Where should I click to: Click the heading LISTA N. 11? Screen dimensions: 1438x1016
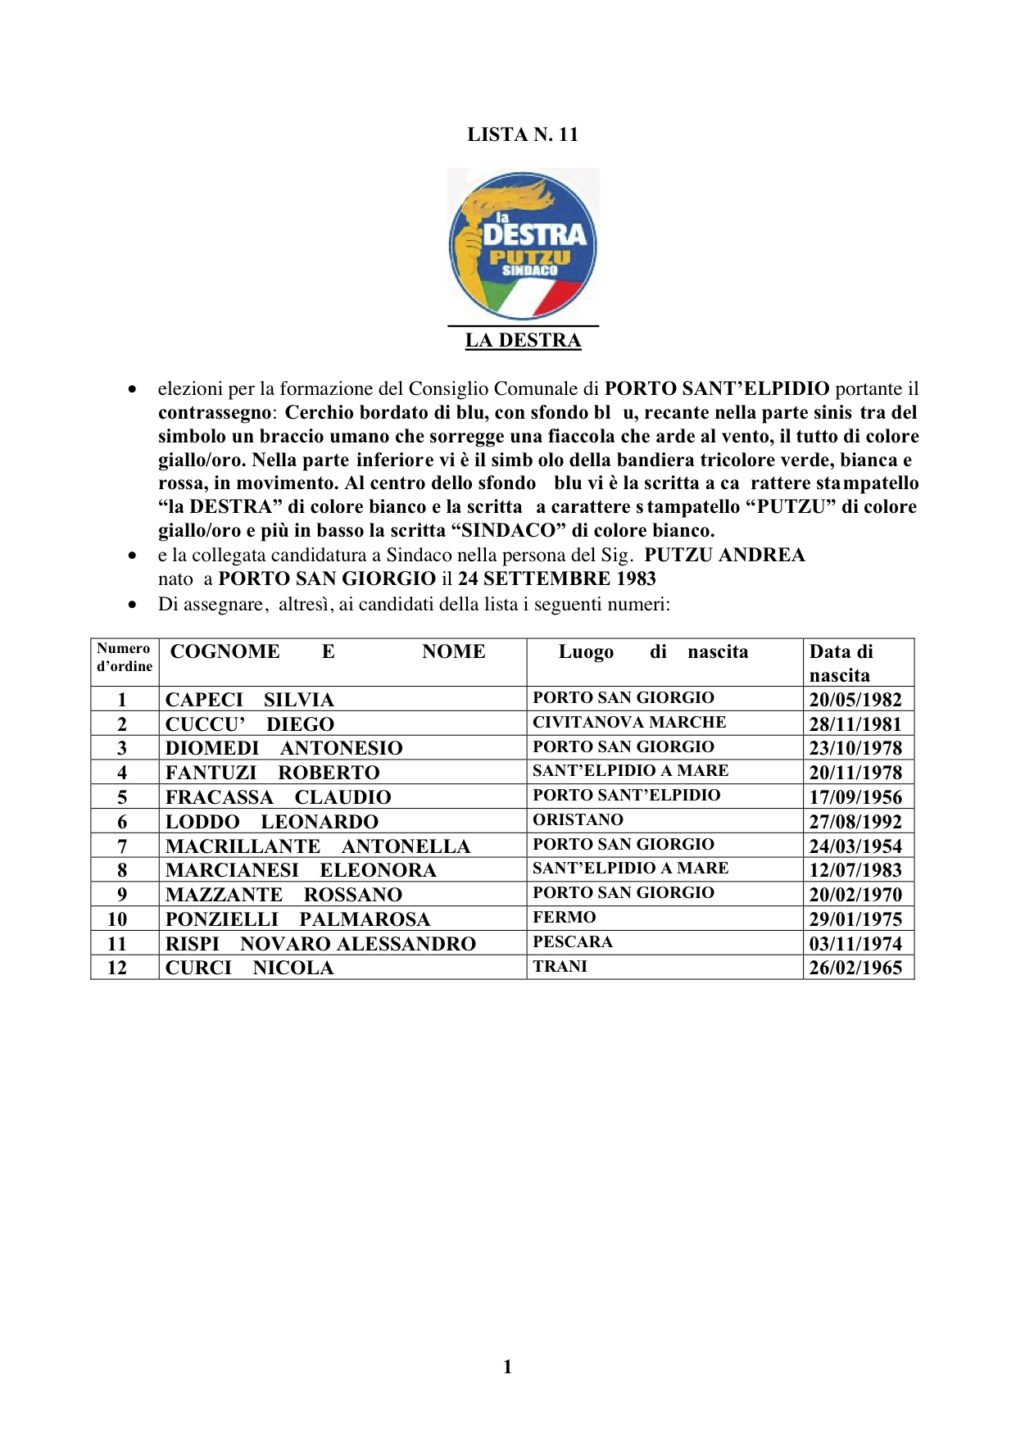click(x=523, y=134)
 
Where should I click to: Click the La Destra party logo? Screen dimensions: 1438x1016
click(x=523, y=244)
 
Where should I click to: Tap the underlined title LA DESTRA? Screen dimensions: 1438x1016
click(x=523, y=340)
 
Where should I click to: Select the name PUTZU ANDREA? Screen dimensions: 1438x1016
click(x=724, y=555)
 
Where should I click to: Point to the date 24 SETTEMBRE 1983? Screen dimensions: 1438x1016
click(x=556, y=578)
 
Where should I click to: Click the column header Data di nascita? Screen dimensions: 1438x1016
click(x=841, y=662)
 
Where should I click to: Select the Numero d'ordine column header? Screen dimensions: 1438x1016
click(x=125, y=657)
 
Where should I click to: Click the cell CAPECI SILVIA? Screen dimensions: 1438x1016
click(x=250, y=700)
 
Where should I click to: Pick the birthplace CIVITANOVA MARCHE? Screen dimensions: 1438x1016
click(x=629, y=722)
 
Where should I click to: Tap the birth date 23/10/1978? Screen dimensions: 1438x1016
click(x=855, y=748)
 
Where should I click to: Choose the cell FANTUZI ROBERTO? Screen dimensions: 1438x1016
click(x=273, y=773)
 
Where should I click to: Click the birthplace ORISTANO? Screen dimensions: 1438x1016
click(x=578, y=819)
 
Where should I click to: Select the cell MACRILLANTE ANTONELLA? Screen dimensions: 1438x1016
click(x=318, y=846)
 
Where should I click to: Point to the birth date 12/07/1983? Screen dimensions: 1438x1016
click(x=855, y=870)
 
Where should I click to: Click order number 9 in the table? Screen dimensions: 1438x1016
click(x=122, y=895)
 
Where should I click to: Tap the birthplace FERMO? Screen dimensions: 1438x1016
click(x=565, y=917)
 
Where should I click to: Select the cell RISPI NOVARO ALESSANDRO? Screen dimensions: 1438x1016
click(x=320, y=944)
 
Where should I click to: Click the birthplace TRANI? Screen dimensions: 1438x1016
click(x=560, y=966)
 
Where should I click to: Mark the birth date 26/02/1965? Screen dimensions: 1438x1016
click(x=855, y=968)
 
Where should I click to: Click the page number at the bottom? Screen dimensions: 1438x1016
click(x=507, y=1366)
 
